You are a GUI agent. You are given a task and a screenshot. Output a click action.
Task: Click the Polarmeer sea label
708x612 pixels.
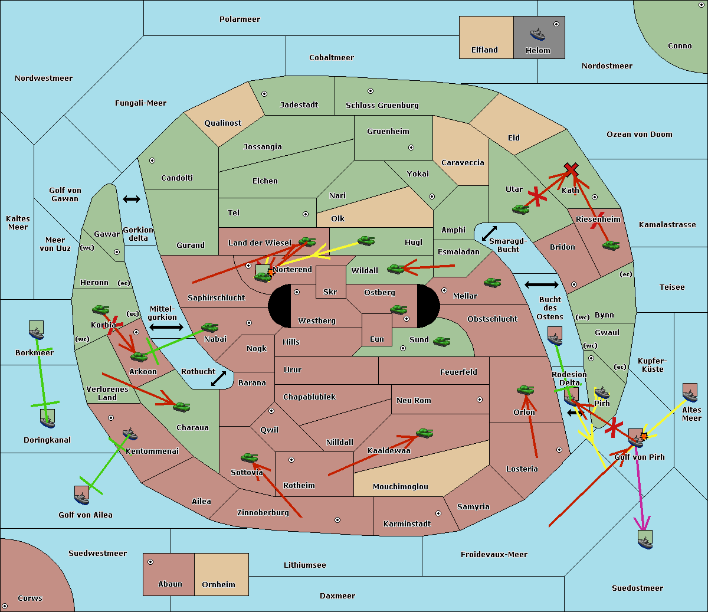tap(240, 19)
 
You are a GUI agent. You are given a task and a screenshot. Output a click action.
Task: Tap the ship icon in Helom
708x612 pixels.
tap(537, 34)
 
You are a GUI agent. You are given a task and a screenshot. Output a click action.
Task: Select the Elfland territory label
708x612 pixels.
tap(484, 50)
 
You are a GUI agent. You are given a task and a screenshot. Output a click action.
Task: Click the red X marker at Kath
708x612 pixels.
tap(571, 170)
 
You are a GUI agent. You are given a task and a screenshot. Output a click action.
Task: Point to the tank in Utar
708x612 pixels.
tap(520, 209)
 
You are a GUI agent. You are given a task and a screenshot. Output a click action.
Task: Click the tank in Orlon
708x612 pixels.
tap(525, 390)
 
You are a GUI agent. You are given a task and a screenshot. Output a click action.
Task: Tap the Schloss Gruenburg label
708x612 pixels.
tap(382, 106)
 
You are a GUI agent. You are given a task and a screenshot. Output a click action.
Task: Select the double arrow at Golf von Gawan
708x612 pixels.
tap(131, 199)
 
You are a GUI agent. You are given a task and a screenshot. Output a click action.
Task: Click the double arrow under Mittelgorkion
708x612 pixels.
tap(166, 328)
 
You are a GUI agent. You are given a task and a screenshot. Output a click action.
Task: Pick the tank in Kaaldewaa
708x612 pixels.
tap(424, 433)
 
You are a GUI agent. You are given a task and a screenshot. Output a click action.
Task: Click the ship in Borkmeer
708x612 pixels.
tap(37, 331)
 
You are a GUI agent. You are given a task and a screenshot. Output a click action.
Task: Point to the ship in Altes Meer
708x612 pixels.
tap(690, 393)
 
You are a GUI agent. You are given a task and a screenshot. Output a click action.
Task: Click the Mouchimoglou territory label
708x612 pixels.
tap(400, 487)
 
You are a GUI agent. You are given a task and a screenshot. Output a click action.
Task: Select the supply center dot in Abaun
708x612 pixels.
tap(150, 562)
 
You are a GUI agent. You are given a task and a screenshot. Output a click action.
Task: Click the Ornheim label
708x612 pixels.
tap(218, 585)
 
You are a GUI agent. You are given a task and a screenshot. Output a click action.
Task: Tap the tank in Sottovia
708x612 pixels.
tap(249, 457)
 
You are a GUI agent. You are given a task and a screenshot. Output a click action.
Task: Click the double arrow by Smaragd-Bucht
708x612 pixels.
tap(489, 234)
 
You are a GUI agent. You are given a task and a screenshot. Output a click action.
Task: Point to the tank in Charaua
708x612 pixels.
tap(181, 406)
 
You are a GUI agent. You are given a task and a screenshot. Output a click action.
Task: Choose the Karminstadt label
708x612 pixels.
tap(407, 524)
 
